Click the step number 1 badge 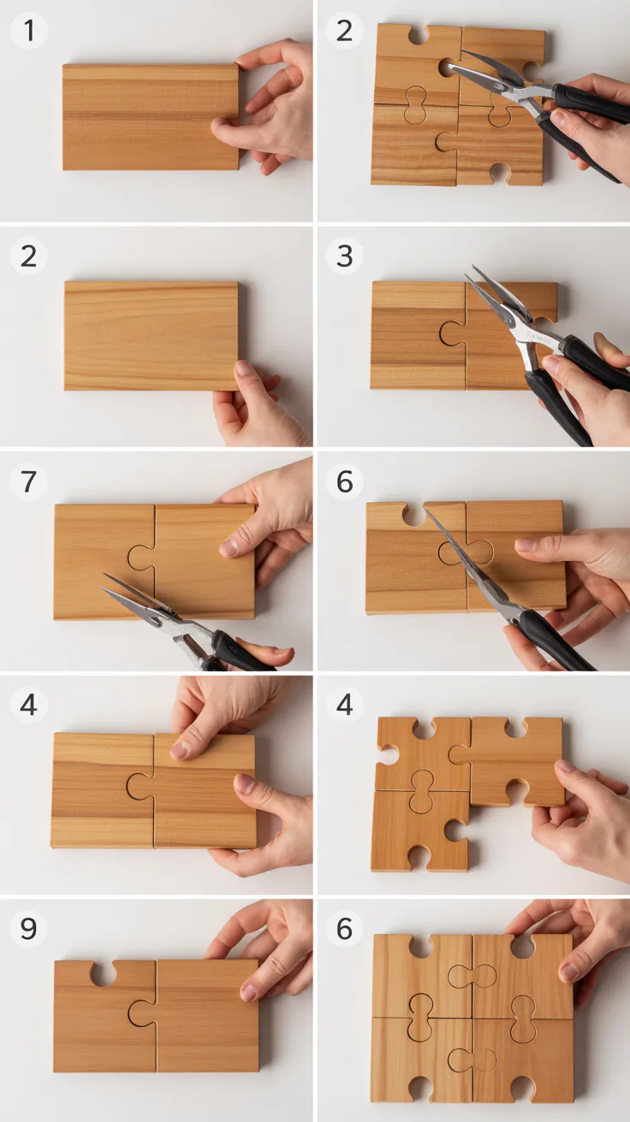point(29,30)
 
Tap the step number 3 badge point(344,256)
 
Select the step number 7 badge point(28,481)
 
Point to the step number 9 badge point(28,928)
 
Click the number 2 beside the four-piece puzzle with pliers point(344,30)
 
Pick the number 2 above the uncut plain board point(28,256)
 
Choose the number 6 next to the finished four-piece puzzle point(344,928)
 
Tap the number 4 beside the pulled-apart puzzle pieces point(344,705)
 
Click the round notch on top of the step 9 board point(104,971)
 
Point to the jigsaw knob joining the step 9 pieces point(142,1013)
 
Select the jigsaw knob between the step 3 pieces point(453,334)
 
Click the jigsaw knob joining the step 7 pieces point(141,558)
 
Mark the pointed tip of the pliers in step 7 point(102,588)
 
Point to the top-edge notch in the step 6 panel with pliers point(414,515)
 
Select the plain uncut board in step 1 point(151,116)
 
